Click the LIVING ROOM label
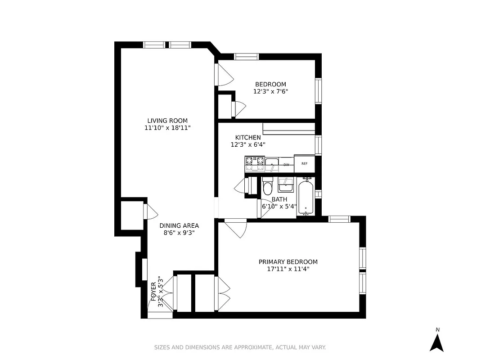(x=167, y=121)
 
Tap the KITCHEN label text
(x=247, y=137)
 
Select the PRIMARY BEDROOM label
(x=288, y=262)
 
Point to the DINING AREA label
(x=179, y=225)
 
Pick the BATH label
(x=279, y=199)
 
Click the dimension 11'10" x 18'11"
(x=168, y=128)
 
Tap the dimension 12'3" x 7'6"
(x=270, y=91)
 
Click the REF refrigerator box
(x=305, y=163)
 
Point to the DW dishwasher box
(x=286, y=165)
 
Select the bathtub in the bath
(x=307, y=197)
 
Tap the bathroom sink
(x=285, y=184)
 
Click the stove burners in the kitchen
(x=255, y=163)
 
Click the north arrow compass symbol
(x=436, y=343)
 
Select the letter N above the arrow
(x=437, y=330)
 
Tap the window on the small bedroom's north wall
(x=247, y=57)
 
